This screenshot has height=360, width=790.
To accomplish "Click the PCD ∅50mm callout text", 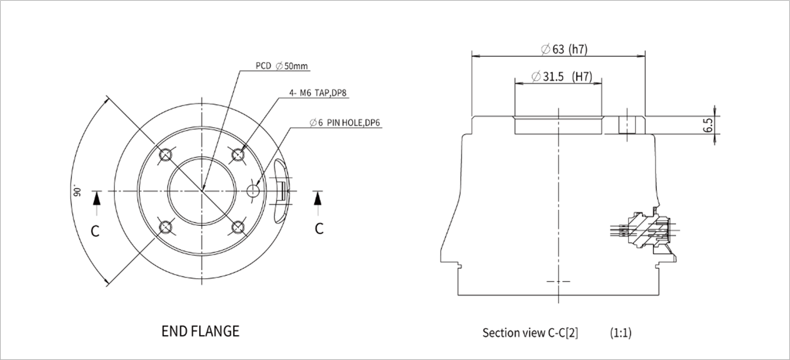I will pos(282,66).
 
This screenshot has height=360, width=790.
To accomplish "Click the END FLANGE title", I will pos(200,332).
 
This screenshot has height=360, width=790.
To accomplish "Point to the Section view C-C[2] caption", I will pos(530,333).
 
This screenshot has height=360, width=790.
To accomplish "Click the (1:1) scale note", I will pos(620,333).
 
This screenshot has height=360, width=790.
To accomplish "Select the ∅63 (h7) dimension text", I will pos(564,49).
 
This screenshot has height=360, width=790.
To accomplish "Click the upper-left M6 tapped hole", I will pos(166,154).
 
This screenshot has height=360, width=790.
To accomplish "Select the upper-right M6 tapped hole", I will pos(238,154).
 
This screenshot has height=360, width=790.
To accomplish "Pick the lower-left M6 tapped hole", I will pos(166,226).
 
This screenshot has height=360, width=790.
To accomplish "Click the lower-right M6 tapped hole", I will pos(238,226).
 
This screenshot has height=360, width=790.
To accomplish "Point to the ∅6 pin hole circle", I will pos(254,190).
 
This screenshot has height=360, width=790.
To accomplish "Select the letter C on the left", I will pos(95,231).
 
